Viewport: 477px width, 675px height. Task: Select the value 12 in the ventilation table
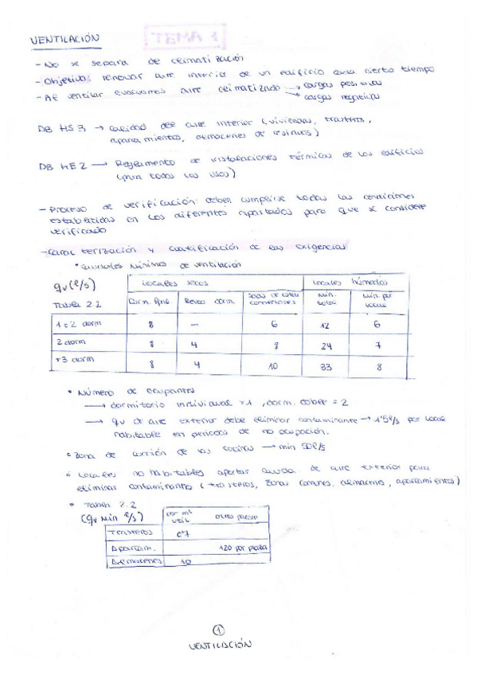point(324,325)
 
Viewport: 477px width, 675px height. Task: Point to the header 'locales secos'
point(170,283)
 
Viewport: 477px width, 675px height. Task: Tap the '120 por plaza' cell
point(240,548)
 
